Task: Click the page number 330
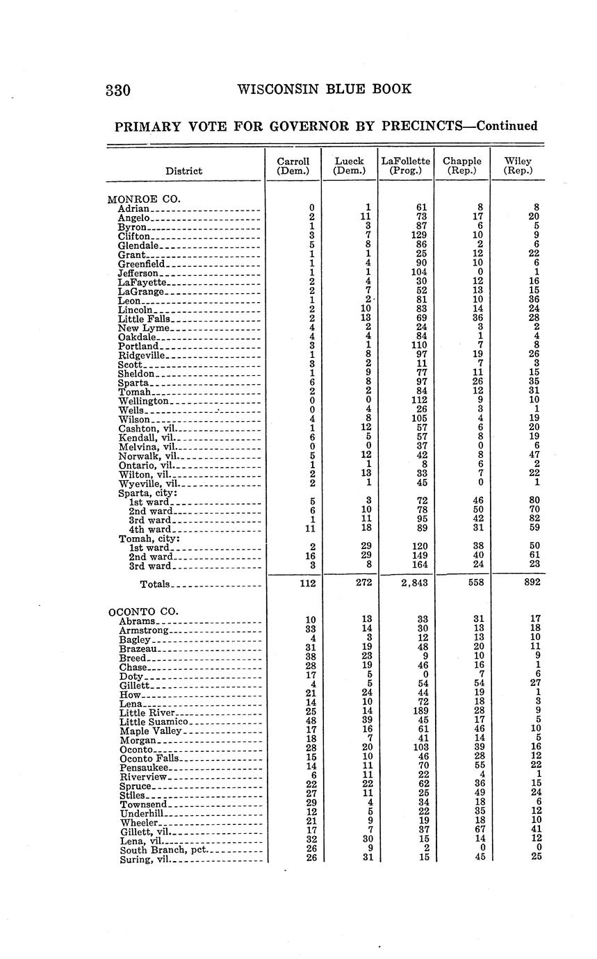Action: [x=118, y=90]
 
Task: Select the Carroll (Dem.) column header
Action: [x=293, y=165]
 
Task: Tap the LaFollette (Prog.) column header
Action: [x=405, y=165]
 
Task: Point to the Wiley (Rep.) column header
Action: [x=518, y=165]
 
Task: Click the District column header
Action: [x=184, y=171]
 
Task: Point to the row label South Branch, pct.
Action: [x=163, y=850]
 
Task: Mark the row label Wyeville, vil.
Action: [x=149, y=483]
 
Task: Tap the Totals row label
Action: [x=155, y=584]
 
